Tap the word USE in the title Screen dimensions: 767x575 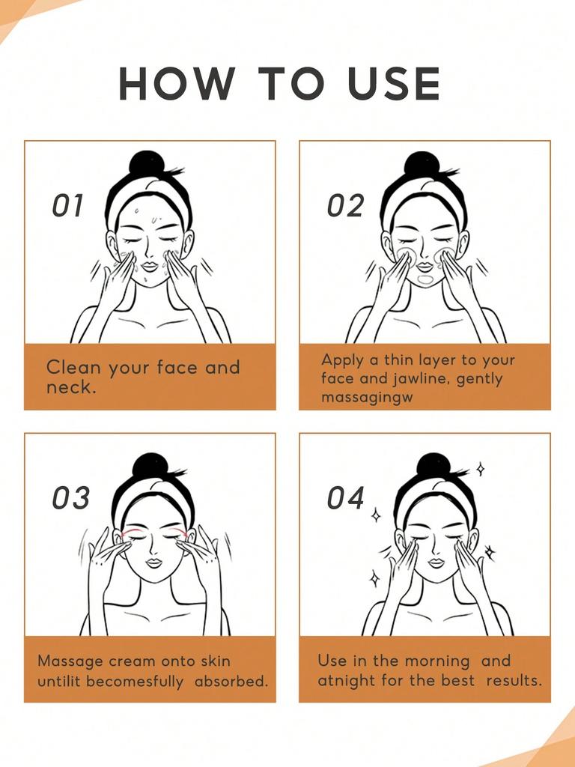click(395, 84)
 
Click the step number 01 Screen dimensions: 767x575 click(68, 207)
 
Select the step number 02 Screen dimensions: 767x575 click(345, 207)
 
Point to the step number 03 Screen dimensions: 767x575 click(70, 498)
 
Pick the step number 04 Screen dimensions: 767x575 click(346, 498)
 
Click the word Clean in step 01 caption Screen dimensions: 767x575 click(73, 368)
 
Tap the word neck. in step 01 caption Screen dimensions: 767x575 click(71, 388)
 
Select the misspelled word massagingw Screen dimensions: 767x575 click(367, 397)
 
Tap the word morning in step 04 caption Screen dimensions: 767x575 click(437, 661)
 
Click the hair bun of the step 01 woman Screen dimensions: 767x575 click(146, 163)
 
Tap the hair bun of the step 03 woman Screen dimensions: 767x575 click(150, 466)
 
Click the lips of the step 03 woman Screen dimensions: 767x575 click(154, 563)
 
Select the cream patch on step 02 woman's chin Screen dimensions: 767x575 click(425, 280)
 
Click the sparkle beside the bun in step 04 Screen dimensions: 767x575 click(480, 469)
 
